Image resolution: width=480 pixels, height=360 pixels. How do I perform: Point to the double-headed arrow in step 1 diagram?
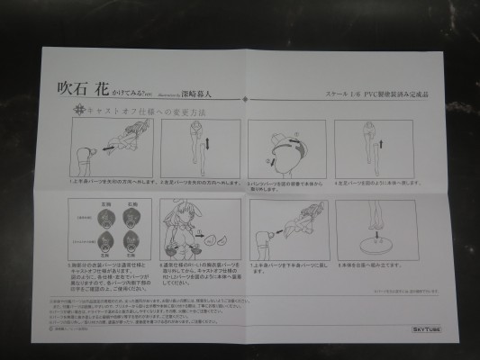click(108, 141)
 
